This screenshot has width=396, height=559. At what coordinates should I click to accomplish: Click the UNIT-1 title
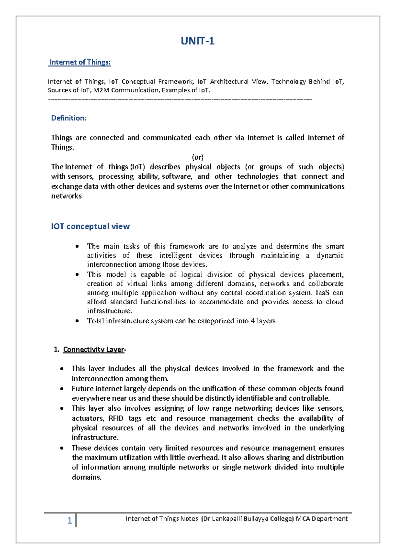click(197, 41)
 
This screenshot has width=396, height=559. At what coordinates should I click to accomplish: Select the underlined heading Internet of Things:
click(80, 62)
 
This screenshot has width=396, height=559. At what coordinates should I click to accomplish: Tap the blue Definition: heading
click(69, 118)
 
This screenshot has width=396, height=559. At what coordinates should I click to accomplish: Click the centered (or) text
click(197, 157)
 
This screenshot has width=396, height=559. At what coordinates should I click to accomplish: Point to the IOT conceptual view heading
click(90, 226)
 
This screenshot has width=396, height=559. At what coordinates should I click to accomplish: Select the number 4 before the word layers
click(252, 321)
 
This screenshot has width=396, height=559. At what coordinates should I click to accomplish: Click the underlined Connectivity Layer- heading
click(94, 350)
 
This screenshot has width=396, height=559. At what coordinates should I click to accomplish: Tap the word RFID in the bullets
click(116, 418)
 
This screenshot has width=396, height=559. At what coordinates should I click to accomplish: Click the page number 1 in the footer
click(70, 520)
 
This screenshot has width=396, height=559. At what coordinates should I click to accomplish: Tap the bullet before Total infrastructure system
click(77, 321)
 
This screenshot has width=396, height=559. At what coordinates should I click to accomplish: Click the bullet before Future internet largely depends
click(62, 389)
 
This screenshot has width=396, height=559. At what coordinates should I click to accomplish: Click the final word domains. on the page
click(86, 477)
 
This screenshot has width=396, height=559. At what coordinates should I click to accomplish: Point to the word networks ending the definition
click(66, 196)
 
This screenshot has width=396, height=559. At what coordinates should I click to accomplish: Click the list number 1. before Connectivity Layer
click(56, 350)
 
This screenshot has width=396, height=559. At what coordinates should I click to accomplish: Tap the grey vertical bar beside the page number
click(76, 520)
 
